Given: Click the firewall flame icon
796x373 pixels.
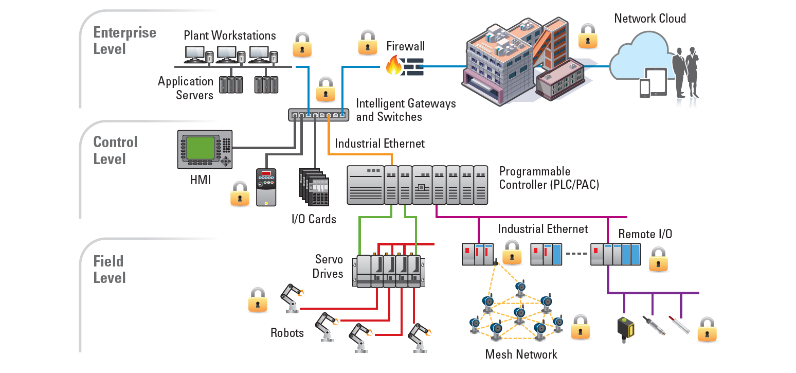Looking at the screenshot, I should click(x=394, y=66).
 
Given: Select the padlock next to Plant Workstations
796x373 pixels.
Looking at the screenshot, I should click(x=302, y=45).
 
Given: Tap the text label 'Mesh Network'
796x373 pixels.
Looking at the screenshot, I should click(x=521, y=354).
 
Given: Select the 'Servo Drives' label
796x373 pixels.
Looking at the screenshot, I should click(x=329, y=266).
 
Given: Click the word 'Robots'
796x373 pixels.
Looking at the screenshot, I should click(x=287, y=333).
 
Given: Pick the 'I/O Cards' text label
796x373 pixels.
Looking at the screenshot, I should click(x=314, y=219).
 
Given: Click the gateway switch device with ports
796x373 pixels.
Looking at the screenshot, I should click(x=317, y=115).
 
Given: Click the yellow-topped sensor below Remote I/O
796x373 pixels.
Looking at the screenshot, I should click(x=626, y=330).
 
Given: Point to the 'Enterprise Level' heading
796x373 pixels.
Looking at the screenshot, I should click(x=124, y=41).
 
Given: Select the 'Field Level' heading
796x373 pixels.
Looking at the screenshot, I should click(x=109, y=270).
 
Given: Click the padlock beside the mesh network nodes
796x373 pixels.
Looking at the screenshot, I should click(x=580, y=327).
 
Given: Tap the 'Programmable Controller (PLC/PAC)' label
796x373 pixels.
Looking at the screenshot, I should click(x=549, y=178).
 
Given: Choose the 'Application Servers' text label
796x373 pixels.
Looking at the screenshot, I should click(x=186, y=88).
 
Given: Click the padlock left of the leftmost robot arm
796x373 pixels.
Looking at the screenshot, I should click(x=258, y=300).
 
